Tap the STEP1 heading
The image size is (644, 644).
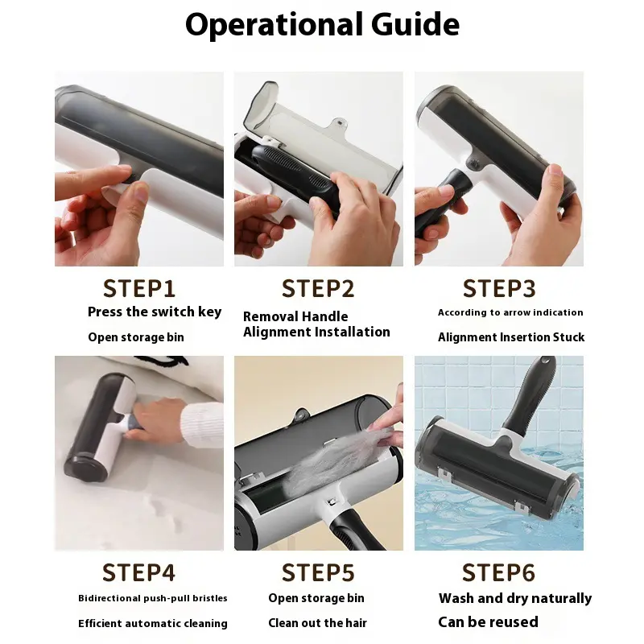[x=139, y=288]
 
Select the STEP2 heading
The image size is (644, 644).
[x=318, y=288]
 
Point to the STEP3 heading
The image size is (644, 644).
[x=499, y=288]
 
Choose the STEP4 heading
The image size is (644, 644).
[x=138, y=572]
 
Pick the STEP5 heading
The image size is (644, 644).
[x=318, y=572]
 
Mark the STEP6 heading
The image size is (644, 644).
[x=498, y=572]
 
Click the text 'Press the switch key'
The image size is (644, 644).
[x=155, y=312]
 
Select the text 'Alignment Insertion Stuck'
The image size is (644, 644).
[x=511, y=337]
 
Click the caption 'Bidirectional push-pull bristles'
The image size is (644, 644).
[x=153, y=598]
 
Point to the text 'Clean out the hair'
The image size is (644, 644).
[x=317, y=623]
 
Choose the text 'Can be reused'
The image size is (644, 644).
[x=489, y=622]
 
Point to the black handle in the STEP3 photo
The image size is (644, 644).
[x=440, y=201]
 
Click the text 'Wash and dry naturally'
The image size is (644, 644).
[x=515, y=598]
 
